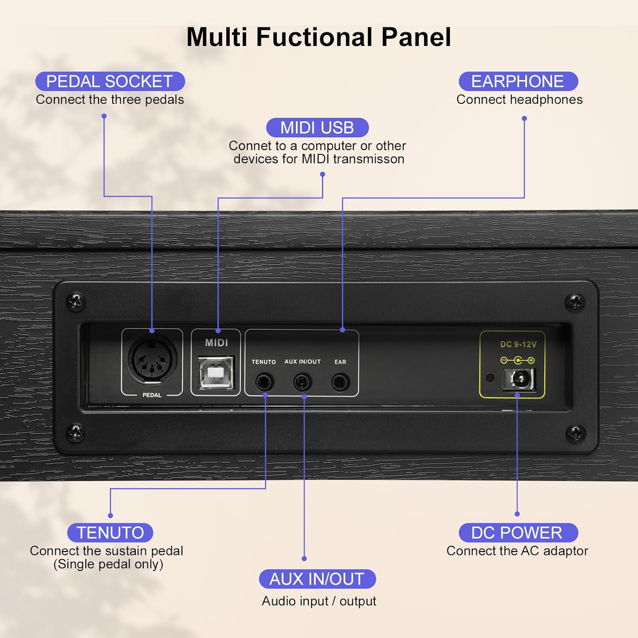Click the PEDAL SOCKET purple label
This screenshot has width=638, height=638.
click(x=110, y=81)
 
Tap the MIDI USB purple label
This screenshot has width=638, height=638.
click(x=317, y=128)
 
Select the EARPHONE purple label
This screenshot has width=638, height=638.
click(x=518, y=81)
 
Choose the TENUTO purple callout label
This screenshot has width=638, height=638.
click(x=110, y=533)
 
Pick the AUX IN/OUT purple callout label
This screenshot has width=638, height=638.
click(x=317, y=579)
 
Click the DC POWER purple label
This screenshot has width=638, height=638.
click(x=518, y=533)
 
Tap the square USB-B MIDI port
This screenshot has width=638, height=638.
click(x=216, y=373)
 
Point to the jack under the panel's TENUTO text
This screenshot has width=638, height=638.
click(x=265, y=382)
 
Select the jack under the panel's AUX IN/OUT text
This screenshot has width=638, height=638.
click(x=302, y=382)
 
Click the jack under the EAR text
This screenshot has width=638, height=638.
click(x=340, y=382)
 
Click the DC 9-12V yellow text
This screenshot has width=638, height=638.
click(x=518, y=345)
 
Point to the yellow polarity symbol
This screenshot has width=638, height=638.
click(x=517, y=361)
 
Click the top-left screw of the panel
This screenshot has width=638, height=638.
click(x=77, y=302)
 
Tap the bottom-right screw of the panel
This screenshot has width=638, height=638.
click(x=575, y=433)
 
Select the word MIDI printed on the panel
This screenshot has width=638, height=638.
click(x=216, y=343)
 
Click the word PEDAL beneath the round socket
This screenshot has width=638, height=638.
click(x=152, y=395)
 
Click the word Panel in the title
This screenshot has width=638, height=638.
click(x=416, y=37)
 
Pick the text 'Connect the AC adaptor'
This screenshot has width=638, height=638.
click(x=517, y=551)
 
